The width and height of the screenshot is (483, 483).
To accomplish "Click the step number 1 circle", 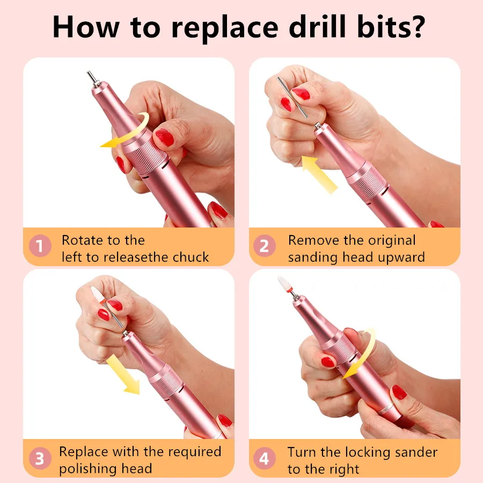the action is (x=40, y=246).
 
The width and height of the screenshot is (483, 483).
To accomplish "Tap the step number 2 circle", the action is (x=264, y=246).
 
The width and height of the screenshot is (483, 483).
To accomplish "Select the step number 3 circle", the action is (x=40, y=458).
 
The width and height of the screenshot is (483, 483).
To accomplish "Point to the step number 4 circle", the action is (x=264, y=458).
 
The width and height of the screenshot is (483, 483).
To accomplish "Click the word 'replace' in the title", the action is (x=225, y=28).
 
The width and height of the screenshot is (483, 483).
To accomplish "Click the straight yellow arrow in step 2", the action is (x=319, y=174).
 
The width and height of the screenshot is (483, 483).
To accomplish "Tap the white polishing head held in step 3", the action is (x=99, y=295).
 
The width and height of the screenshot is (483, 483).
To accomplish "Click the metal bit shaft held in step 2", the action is (x=292, y=97).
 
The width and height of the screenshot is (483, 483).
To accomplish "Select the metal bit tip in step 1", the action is (x=92, y=77).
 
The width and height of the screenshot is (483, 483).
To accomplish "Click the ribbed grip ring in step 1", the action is (x=147, y=157).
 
